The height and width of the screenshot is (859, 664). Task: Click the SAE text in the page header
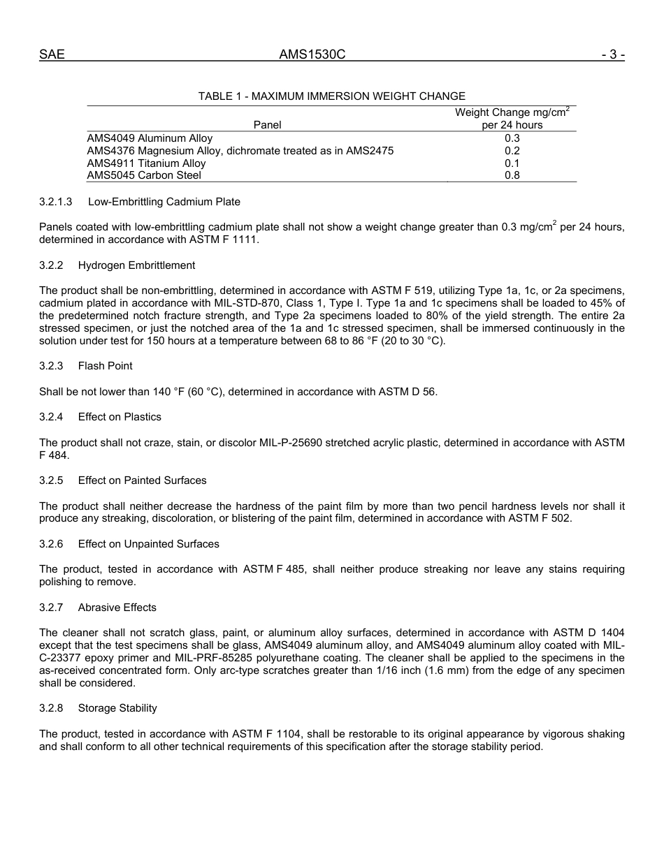pos(52,54)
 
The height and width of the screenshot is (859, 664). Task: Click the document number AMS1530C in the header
pos(312,54)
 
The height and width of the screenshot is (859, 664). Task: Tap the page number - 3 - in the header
pos(612,54)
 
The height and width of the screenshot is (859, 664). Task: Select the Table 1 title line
pos(331,96)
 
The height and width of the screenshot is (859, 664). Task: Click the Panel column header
pos(267,125)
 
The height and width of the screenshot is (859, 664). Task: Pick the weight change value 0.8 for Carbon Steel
pos(512,176)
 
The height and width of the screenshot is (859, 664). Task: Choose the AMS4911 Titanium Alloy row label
pos(146,163)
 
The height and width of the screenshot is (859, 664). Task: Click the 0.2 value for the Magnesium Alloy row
pos(512,151)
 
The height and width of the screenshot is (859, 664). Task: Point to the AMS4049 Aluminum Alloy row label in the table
pos(150,138)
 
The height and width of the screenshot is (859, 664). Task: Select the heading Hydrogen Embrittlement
pos(136,265)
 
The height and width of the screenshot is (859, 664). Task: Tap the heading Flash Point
pos(105,366)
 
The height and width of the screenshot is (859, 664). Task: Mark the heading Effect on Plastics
pos(120,417)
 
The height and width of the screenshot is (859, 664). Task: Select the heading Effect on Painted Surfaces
pos(142,480)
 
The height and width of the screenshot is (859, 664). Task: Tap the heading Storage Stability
pos(117,708)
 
